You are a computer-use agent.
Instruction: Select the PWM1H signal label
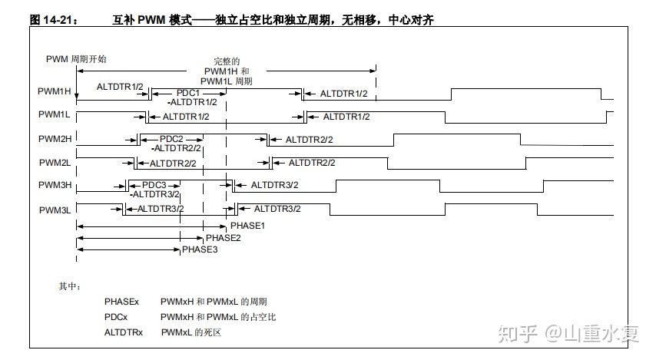55,91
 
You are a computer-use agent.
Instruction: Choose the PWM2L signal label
55,163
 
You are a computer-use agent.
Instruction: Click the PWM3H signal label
55,185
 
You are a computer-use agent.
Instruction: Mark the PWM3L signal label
55,209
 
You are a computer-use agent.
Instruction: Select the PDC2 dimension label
173,139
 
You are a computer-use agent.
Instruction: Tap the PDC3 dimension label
154,185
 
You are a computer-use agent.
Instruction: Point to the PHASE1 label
247,226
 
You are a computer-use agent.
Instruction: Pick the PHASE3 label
200,250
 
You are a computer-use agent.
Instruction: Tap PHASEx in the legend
121,302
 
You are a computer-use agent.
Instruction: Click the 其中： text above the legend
70,286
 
